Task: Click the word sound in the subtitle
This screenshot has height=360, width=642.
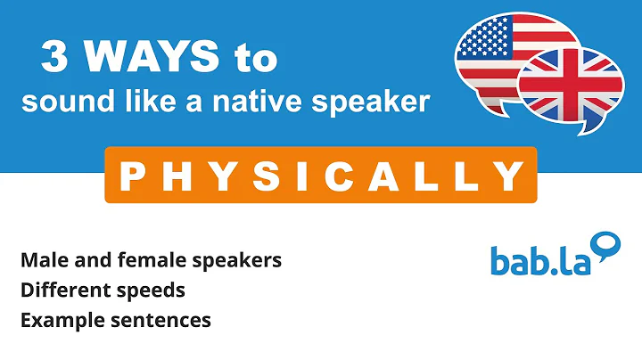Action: pos(56,102)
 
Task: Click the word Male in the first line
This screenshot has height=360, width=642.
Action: pos(42,261)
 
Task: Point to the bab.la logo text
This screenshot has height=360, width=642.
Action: pos(533,259)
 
